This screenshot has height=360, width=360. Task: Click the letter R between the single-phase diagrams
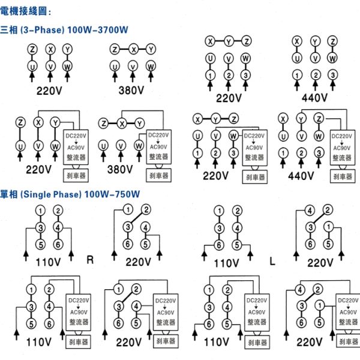(x=91, y=260)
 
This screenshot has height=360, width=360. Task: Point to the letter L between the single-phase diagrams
(x=272, y=261)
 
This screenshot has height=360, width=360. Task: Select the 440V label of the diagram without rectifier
(x=314, y=98)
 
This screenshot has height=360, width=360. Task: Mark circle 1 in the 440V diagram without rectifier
(x=296, y=76)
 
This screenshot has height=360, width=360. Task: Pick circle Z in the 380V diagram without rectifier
(x=115, y=49)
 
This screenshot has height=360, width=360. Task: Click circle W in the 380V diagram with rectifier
(x=139, y=145)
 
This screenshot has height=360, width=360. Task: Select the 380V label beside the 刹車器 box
(x=122, y=170)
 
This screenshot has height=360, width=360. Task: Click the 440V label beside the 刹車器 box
(x=301, y=176)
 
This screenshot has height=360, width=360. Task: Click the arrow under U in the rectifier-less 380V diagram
(x=115, y=79)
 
